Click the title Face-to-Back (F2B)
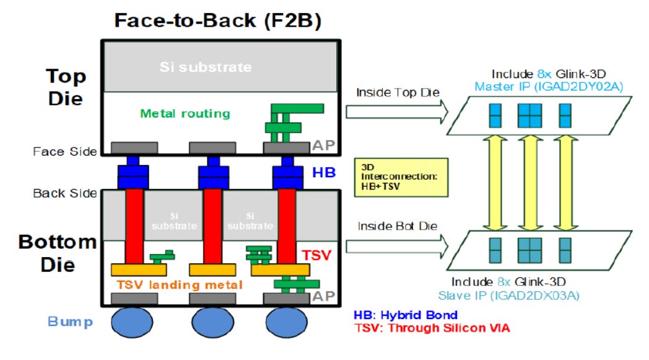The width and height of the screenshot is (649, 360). tap(217, 20)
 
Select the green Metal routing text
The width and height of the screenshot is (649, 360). tap(185, 113)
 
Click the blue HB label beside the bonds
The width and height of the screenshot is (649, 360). tap(324, 173)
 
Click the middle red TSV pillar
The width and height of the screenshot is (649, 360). tap(212, 226)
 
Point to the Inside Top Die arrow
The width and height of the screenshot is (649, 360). tap(396, 111)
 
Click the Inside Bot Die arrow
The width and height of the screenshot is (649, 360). tap(396, 246)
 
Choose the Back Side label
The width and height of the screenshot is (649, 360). tap(65, 193)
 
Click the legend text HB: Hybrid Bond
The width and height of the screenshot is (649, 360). tap(405, 315)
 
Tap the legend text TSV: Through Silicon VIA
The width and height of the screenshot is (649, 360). tap(432, 328)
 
